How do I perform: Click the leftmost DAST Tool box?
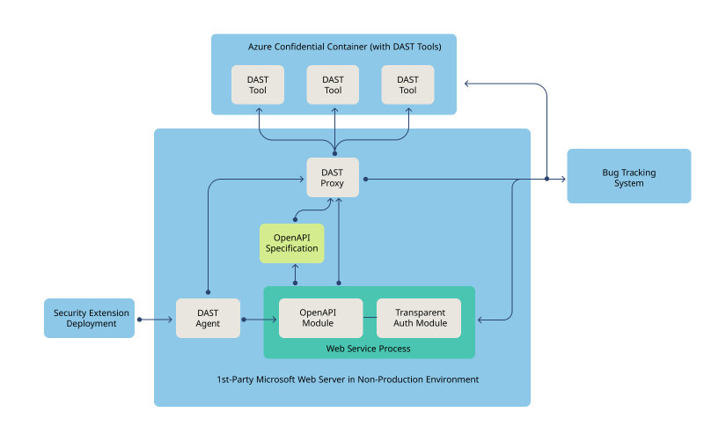pos(258,85)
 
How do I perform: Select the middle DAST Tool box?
pos(333,85)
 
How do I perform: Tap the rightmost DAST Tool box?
pos(407,85)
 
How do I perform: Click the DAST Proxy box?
pos(333,178)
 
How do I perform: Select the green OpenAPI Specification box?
pos(292,243)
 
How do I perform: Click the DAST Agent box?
pos(208,319)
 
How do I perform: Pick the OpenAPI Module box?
pos(320,319)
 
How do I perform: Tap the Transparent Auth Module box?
pos(420,319)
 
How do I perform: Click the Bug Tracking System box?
pos(628,178)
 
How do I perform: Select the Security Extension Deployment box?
pos(90,319)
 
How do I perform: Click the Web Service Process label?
pos(368,349)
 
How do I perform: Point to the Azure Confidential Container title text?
pos(333,46)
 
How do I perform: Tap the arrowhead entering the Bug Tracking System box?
pos(563,179)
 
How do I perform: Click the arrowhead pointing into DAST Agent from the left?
pos(172,320)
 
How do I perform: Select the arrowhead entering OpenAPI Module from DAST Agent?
pos(275,320)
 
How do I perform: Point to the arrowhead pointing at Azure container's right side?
pos(468,84)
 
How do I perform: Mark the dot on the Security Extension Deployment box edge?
pos(138,320)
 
